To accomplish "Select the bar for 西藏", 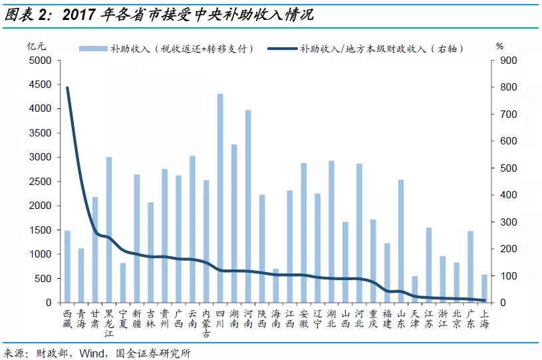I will [67, 266].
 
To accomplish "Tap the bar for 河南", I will [248, 206].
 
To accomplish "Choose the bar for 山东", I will [401, 241].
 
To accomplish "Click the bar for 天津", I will [415, 289].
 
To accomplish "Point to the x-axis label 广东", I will [470, 317].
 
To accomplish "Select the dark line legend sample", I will [281, 49].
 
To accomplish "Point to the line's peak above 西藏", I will [67, 88].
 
